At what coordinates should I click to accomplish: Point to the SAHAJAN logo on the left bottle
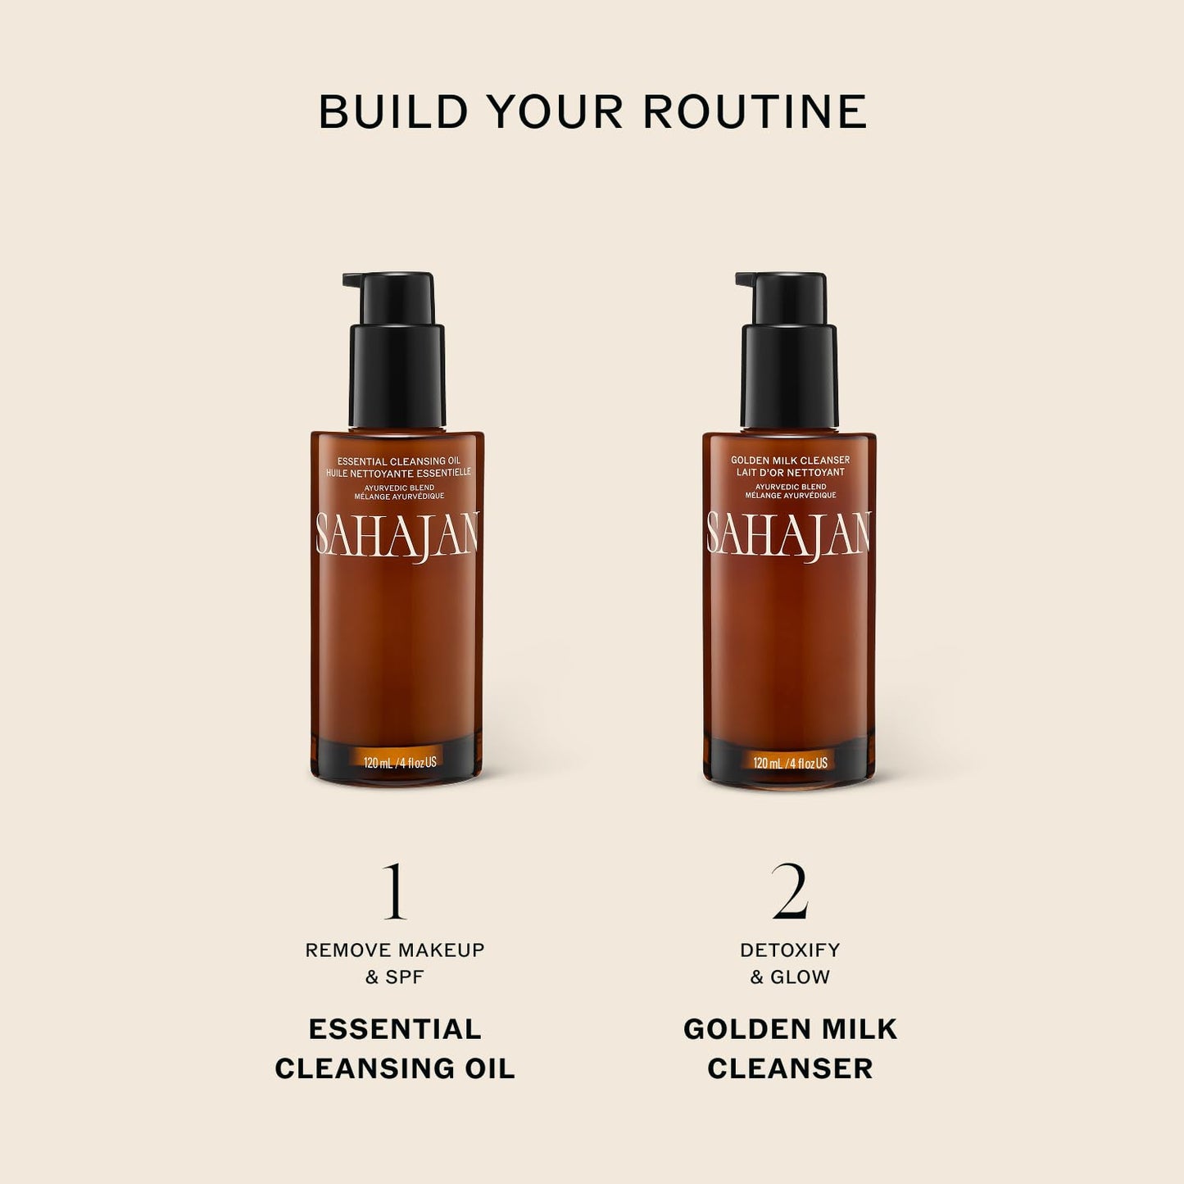tap(397, 534)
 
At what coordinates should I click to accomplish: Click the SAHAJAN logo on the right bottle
tap(789, 534)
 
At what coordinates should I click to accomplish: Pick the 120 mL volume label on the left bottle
tap(399, 763)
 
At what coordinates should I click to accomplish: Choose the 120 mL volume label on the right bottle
tap(790, 763)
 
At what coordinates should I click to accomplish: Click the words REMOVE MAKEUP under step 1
tap(395, 950)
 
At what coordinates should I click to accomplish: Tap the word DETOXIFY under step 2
tap(790, 950)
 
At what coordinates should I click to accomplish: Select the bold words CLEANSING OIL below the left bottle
tap(395, 1068)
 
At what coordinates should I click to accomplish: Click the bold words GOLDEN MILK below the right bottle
tap(790, 1029)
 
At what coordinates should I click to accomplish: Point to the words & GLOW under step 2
tap(790, 977)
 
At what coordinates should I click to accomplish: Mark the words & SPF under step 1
tap(395, 977)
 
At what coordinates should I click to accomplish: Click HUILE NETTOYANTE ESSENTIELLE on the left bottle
tap(399, 473)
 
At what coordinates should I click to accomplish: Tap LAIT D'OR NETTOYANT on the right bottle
tap(790, 473)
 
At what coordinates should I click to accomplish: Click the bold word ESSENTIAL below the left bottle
tap(395, 1029)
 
